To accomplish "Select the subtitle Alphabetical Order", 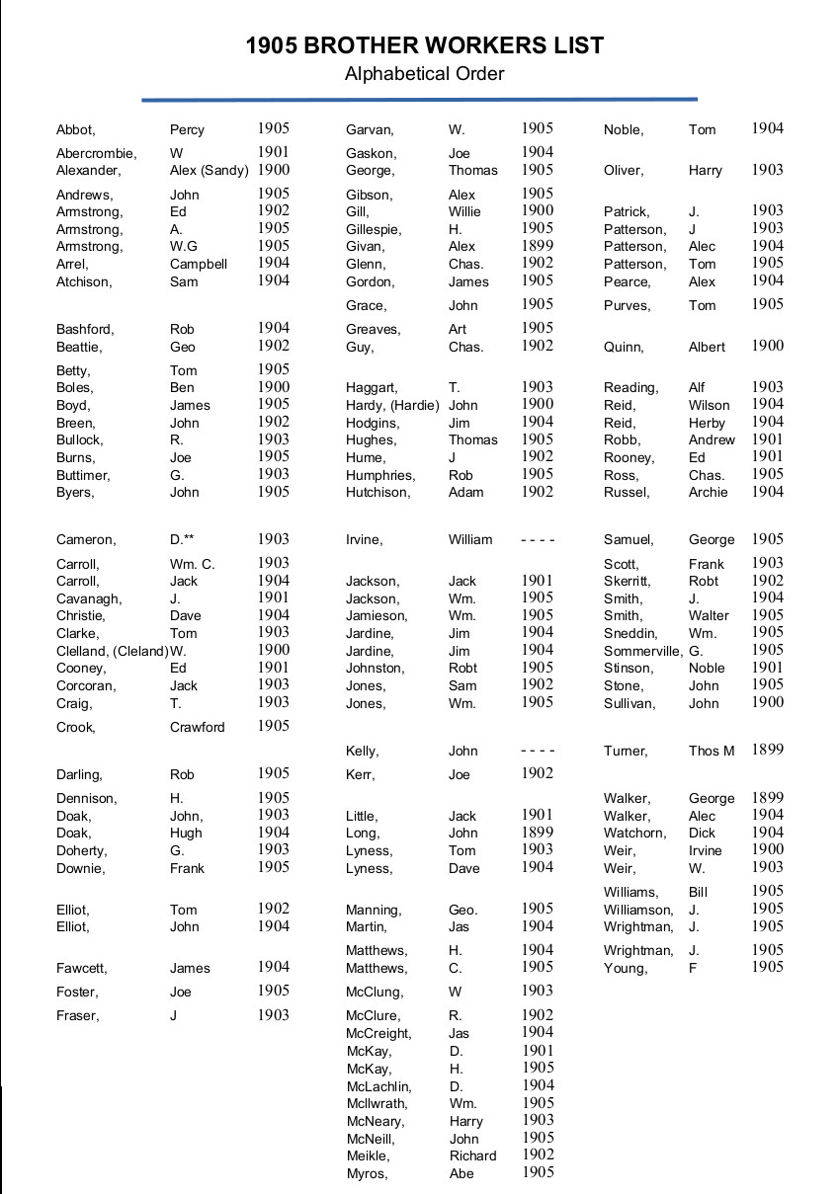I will pyautogui.click(x=424, y=74).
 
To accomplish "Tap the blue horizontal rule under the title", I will pyautogui.click(x=419, y=99).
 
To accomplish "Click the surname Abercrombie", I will pyautogui.click(x=96, y=153).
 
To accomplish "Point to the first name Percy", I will pyautogui.click(x=187, y=129).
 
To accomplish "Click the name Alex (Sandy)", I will pyautogui.click(x=209, y=170).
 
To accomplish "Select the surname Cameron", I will pyautogui.click(x=85, y=539).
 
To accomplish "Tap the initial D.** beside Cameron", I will pyautogui.click(x=182, y=539).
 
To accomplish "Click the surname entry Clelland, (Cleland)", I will pyautogui.click(x=112, y=651).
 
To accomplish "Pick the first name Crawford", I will pyautogui.click(x=197, y=727).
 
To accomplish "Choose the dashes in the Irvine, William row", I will pyautogui.click(x=538, y=539).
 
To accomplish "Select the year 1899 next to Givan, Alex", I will pyautogui.click(x=538, y=246).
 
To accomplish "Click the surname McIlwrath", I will pyautogui.click(x=377, y=1103).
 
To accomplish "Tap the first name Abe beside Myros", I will pyautogui.click(x=461, y=1173).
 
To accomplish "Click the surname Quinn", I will pyautogui.click(x=624, y=347).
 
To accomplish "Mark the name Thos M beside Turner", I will pyautogui.click(x=712, y=751).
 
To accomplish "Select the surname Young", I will pyautogui.click(x=626, y=968).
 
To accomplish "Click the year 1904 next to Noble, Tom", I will pyautogui.click(x=767, y=128).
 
